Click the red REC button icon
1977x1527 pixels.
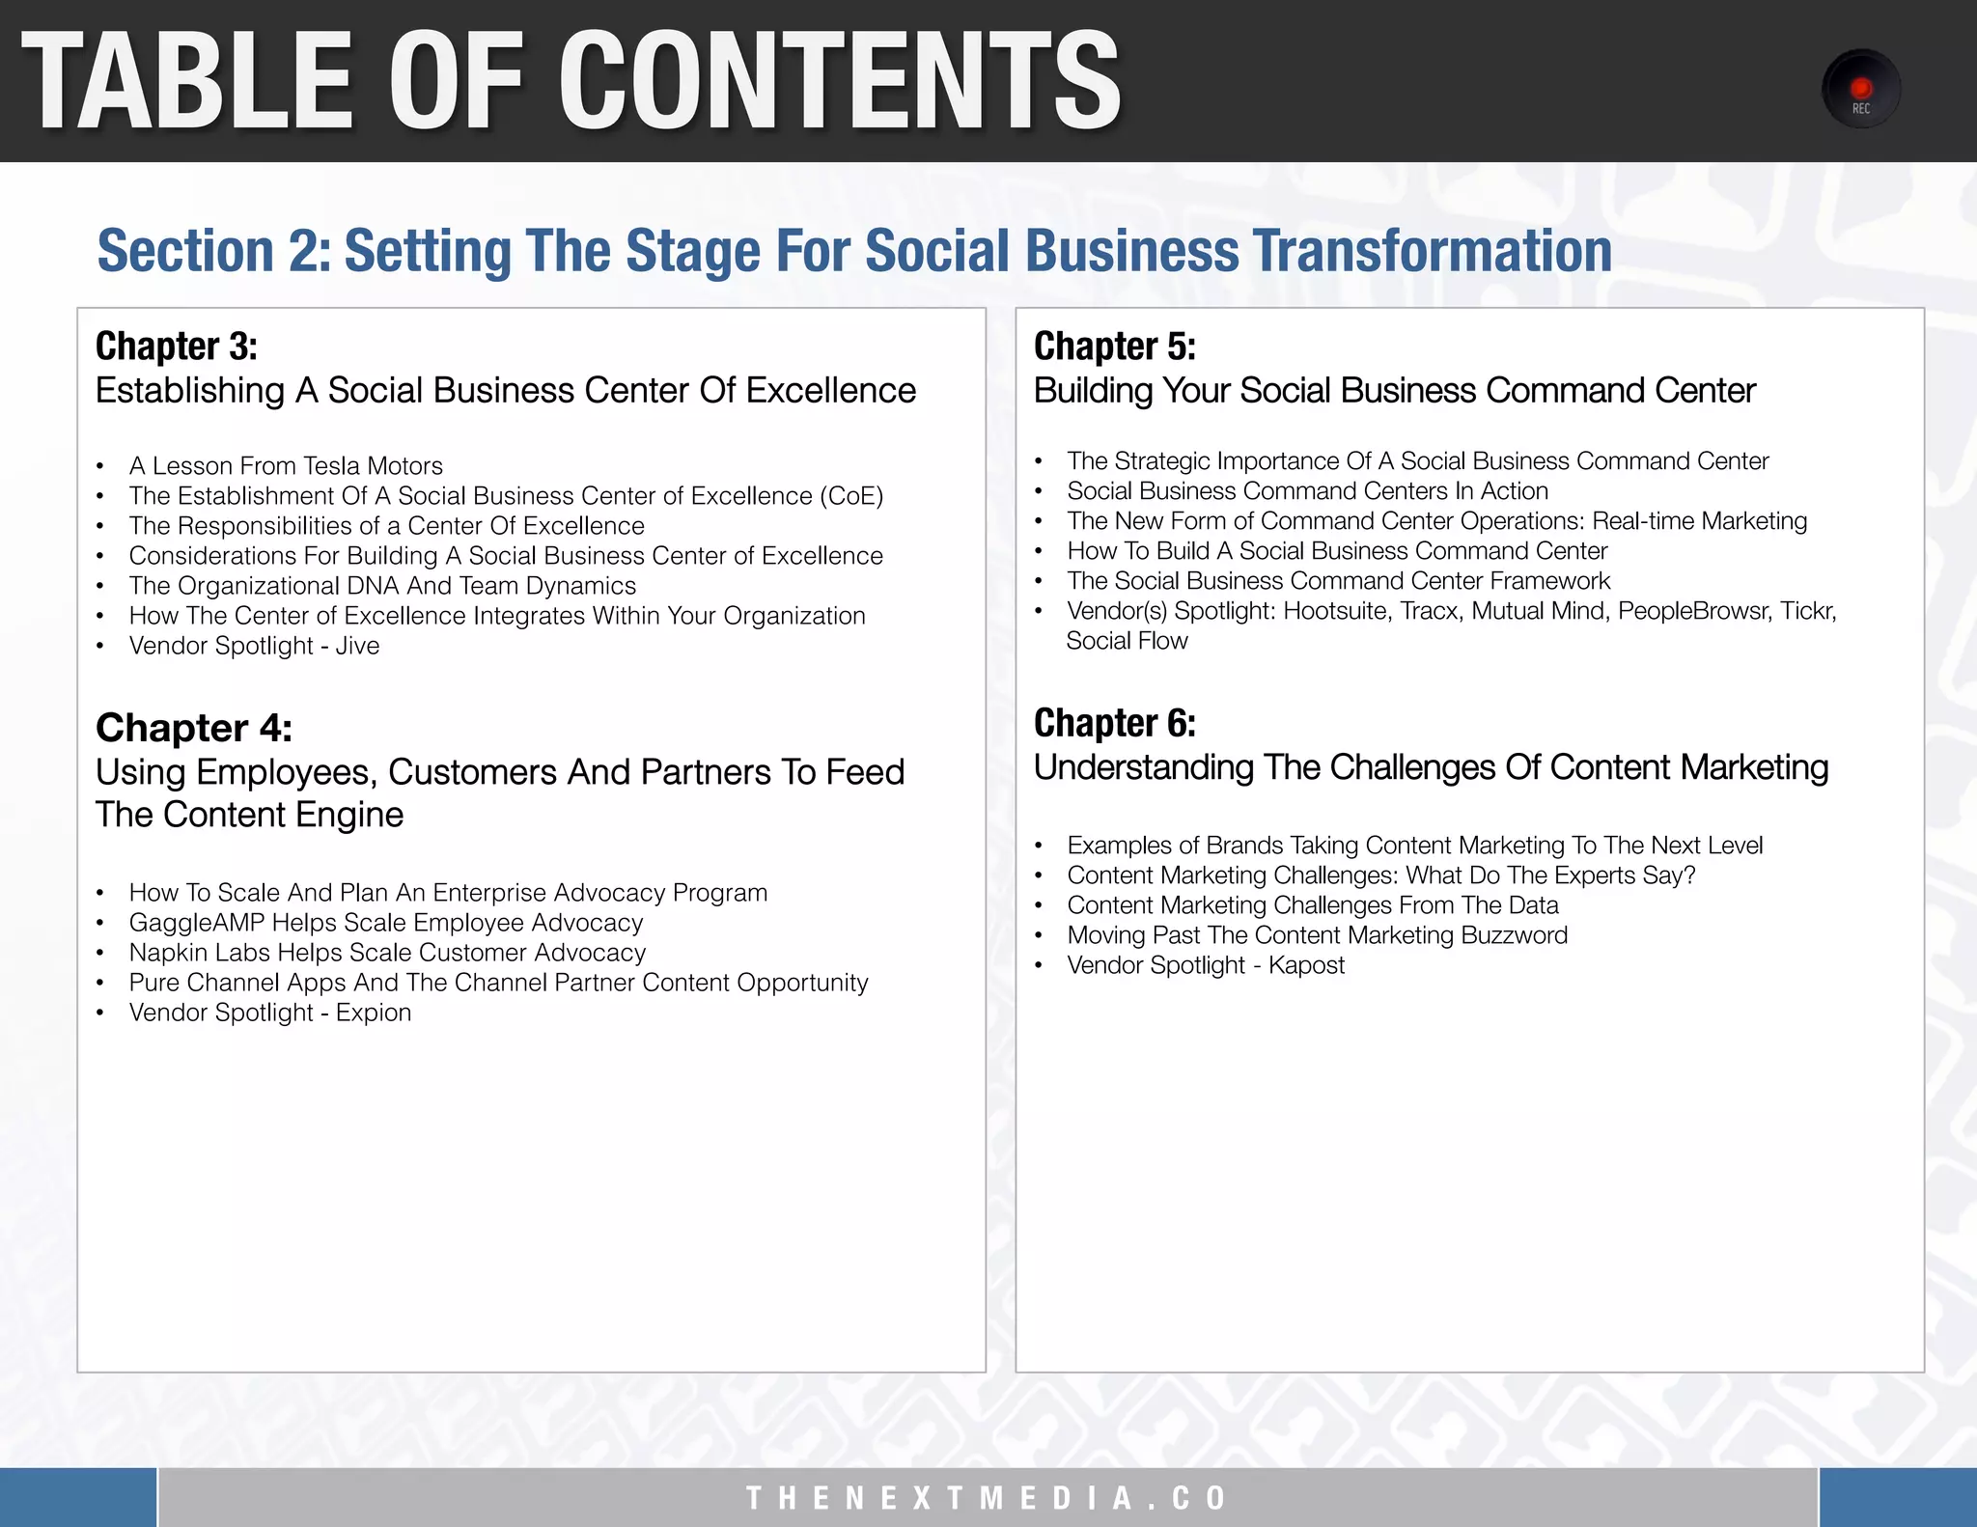click(1860, 90)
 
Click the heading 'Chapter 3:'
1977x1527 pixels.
click(177, 347)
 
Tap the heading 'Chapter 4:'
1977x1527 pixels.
click(193, 728)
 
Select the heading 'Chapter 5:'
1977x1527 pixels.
click(1114, 347)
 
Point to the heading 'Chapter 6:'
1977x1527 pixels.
click(1114, 723)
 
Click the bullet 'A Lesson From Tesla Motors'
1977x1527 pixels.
click(286, 466)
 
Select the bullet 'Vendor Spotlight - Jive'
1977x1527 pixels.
click(254, 646)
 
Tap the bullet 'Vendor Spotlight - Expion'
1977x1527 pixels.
click(270, 1013)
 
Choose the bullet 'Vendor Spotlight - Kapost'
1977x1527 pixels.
click(1206, 965)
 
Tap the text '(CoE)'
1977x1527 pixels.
click(851, 496)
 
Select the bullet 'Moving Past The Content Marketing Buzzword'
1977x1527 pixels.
click(1317, 935)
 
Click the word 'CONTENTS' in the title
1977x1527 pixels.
click(839, 81)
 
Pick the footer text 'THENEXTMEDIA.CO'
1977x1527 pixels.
click(987, 1498)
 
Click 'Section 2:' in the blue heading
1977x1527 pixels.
click(213, 251)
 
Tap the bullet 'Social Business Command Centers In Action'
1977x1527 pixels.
click(1307, 491)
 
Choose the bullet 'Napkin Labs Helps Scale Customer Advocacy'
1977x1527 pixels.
click(387, 953)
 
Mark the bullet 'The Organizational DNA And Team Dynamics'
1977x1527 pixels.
click(382, 586)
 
